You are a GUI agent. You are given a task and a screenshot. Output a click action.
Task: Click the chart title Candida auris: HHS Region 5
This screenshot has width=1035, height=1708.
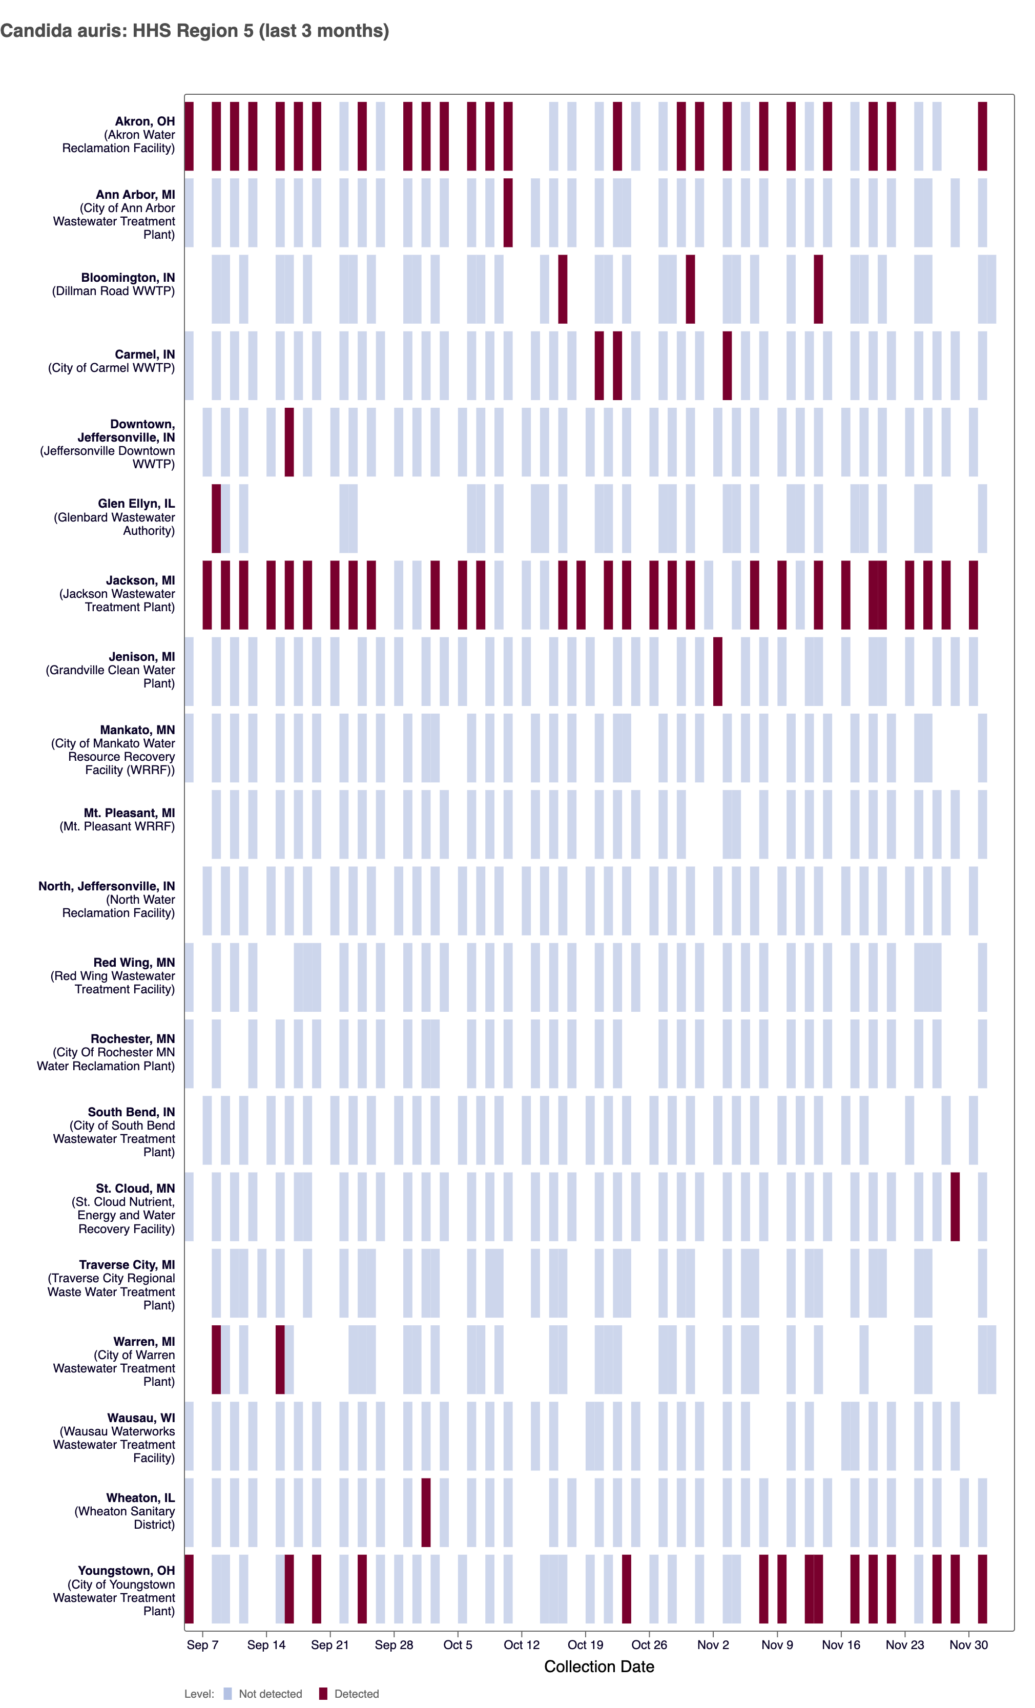click(x=194, y=31)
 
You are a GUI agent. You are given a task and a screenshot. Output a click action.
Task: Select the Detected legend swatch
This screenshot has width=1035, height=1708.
click(x=322, y=1694)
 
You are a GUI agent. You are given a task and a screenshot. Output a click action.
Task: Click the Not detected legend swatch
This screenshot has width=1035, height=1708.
click(x=227, y=1694)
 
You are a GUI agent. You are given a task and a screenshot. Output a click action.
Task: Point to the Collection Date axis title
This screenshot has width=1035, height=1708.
click(x=599, y=1667)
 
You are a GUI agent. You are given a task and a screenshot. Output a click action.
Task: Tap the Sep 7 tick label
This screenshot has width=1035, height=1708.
click(x=202, y=1645)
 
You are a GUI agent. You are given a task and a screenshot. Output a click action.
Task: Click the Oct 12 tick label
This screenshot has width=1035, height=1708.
click(x=521, y=1645)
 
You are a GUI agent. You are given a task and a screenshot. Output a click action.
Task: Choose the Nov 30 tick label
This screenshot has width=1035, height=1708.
click(x=968, y=1645)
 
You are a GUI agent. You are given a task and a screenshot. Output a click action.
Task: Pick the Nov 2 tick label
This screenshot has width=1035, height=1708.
click(x=713, y=1645)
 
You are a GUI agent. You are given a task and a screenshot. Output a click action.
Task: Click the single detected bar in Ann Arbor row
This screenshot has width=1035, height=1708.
click(x=508, y=212)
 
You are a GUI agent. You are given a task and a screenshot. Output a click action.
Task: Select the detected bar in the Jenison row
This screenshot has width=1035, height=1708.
click(x=717, y=671)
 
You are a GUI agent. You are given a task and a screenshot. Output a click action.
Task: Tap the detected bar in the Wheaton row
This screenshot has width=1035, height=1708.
click(x=426, y=1512)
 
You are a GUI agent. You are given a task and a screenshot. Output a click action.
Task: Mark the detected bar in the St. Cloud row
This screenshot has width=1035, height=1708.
click(x=955, y=1206)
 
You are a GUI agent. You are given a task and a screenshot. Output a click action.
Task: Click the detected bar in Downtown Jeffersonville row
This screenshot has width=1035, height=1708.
click(x=289, y=442)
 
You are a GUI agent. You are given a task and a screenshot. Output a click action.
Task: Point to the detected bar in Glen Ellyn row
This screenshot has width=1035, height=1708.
click(x=216, y=518)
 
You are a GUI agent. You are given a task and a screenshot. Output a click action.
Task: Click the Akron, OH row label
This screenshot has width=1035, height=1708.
click(x=145, y=122)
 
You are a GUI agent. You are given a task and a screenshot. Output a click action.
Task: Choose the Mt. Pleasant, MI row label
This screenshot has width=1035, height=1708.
click(x=129, y=813)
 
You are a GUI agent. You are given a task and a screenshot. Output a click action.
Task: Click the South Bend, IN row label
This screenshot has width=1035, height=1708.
click(x=131, y=1112)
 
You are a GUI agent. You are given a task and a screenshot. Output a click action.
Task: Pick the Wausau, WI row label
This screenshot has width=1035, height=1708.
click(x=141, y=1418)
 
